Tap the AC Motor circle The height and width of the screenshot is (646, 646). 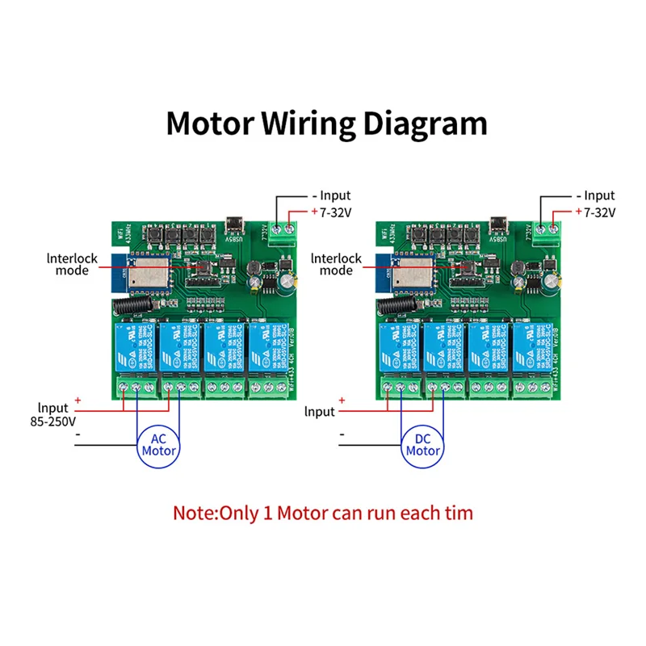(159, 444)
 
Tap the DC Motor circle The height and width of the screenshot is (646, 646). (423, 444)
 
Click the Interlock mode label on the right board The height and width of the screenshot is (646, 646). (336, 265)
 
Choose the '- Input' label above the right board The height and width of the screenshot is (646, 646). (595, 195)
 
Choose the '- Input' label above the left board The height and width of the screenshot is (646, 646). (331, 195)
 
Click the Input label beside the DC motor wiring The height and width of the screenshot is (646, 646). (320, 412)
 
